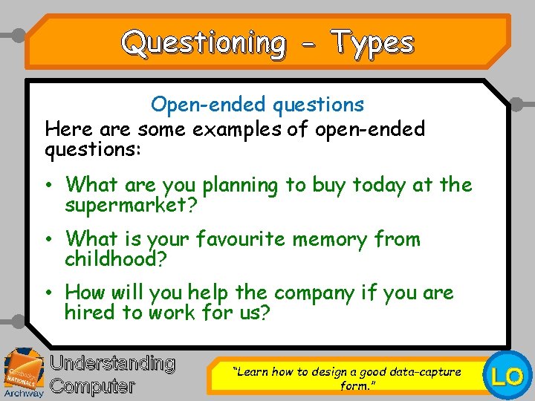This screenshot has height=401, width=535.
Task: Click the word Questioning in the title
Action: (203, 42)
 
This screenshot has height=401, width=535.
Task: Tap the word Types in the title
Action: (372, 42)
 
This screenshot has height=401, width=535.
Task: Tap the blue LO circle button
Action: (508, 376)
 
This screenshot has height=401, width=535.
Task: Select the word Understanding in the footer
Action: (112, 364)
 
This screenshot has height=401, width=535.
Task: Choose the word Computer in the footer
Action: (93, 386)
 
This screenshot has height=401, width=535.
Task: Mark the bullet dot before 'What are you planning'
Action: (48, 184)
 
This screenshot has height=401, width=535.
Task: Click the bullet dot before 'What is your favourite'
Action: (48, 239)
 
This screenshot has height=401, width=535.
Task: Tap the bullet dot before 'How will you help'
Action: (48, 293)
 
